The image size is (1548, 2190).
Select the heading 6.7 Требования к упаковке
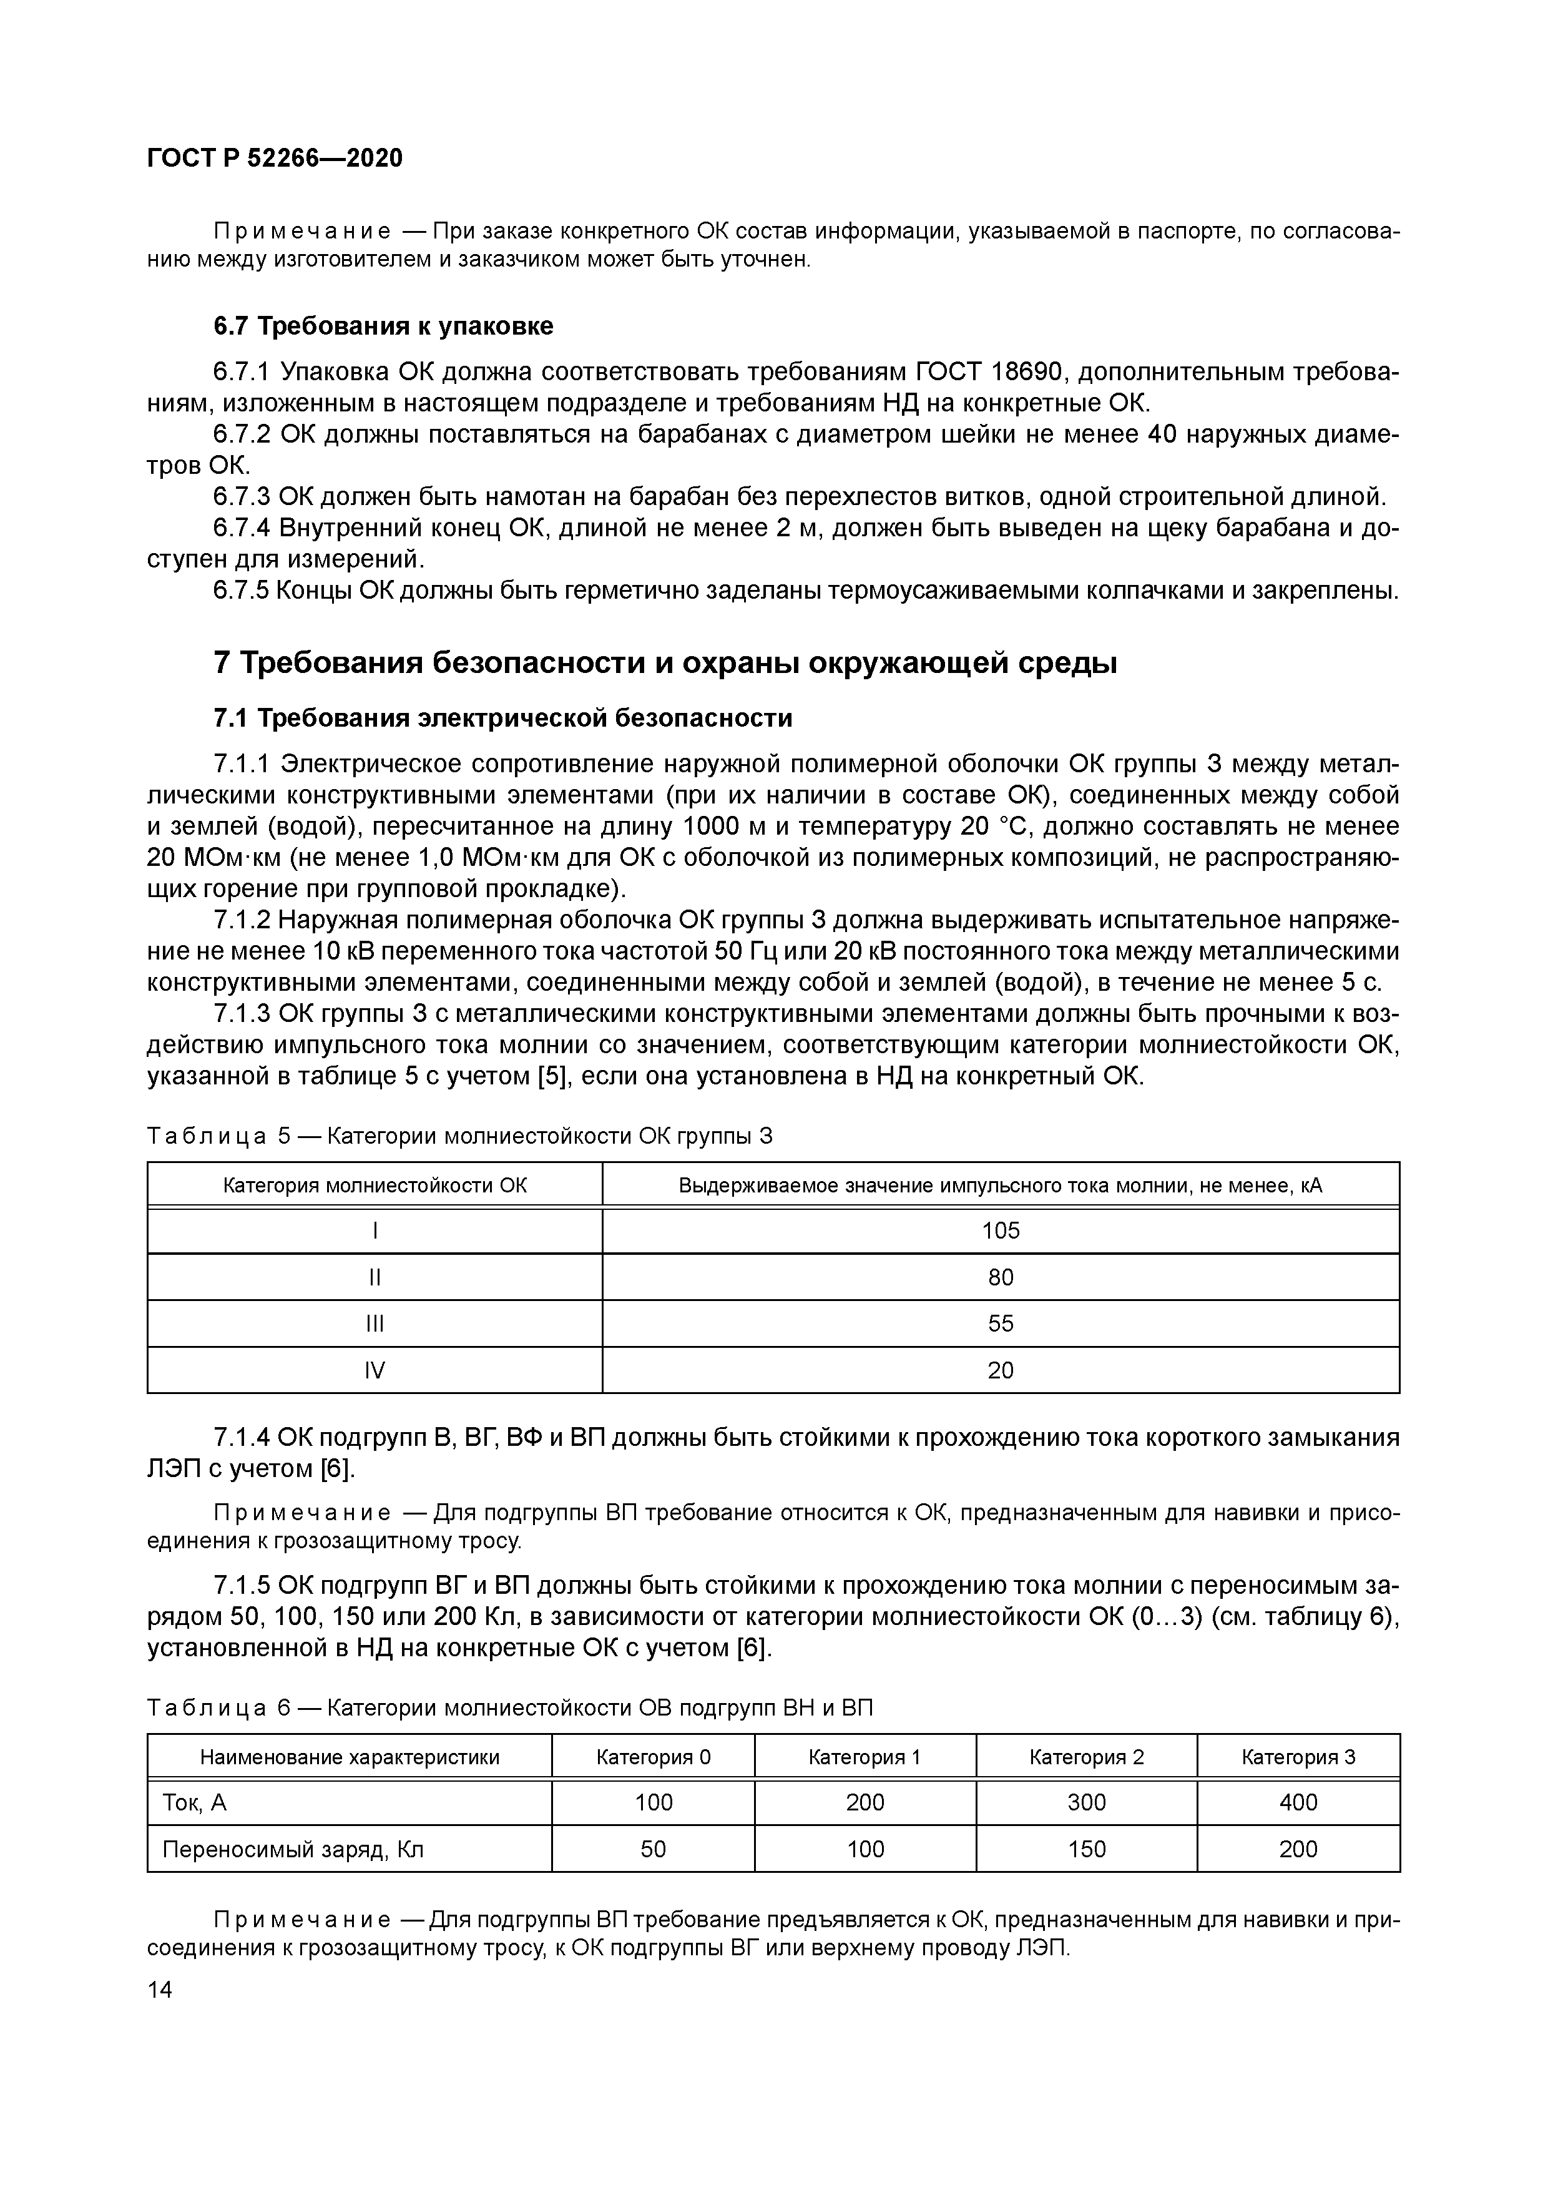(x=383, y=327)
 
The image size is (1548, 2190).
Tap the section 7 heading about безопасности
(x=665, y=662)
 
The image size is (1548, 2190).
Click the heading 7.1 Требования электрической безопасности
(x=502, y=717)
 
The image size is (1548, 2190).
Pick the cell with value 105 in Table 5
(x=1001, y=1230)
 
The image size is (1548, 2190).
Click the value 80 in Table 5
(x=1001, y=1277)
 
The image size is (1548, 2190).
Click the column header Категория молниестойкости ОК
(x=375, y=1186)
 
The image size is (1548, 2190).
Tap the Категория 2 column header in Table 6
(x=1086, y=1757)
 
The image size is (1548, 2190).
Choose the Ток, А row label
(x=195, y=1803)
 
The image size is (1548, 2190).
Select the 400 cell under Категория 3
(x=1298, y=1803)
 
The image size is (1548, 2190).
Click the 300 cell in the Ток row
(x=1086, y=1803)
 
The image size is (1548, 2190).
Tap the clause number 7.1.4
(x=243, y=1438)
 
